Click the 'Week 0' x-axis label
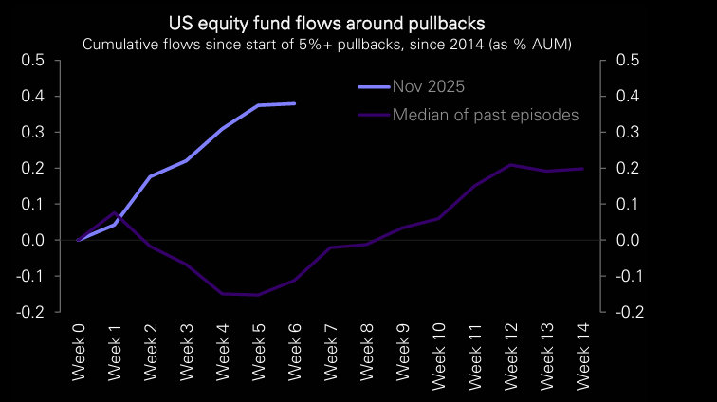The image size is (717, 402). pos(79,352)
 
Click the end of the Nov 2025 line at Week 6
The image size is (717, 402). pos(295,103)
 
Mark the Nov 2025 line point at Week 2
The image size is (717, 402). pos(151,176)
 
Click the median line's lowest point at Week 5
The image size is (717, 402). pos(259,295)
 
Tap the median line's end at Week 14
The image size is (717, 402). pos(582,169)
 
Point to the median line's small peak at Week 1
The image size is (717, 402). pos(115,213)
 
